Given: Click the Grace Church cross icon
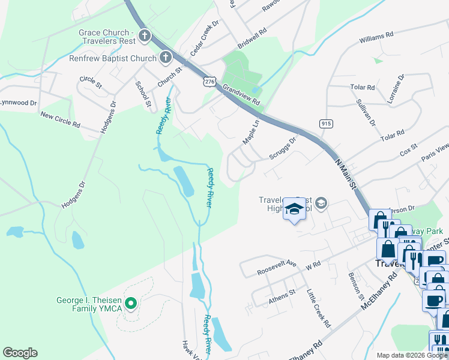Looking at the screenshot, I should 144,37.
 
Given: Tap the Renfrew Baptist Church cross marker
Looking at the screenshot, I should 164,58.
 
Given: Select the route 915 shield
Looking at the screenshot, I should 326,123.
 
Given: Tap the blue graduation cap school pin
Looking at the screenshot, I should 294,209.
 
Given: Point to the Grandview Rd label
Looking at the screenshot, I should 241,95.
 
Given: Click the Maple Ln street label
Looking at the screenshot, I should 250,132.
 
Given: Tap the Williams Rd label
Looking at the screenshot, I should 376,38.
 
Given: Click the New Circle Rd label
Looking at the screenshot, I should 60,118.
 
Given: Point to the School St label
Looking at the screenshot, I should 143,95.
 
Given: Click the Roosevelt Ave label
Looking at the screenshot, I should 277,267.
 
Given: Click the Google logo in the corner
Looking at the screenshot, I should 20,353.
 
